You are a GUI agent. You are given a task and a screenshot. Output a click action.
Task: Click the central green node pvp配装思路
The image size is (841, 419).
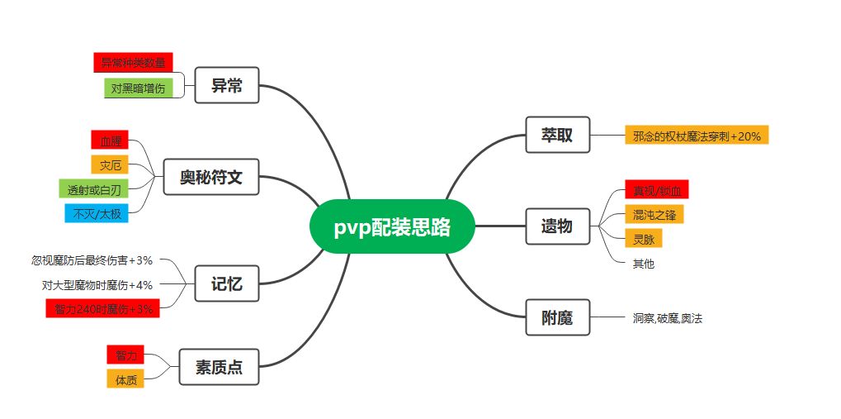393,226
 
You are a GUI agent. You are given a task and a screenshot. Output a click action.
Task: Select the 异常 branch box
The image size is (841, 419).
227,85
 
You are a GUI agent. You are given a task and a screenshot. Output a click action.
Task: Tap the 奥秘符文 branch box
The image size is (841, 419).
211,177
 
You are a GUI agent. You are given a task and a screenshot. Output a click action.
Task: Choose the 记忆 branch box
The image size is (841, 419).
227,284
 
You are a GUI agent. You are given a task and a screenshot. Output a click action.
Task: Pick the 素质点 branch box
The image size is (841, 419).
219,367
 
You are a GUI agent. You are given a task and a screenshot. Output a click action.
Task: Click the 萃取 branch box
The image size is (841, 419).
557,135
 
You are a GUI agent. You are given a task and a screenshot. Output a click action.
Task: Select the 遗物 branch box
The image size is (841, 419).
557,226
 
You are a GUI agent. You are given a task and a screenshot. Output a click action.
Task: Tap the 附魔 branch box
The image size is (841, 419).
557,317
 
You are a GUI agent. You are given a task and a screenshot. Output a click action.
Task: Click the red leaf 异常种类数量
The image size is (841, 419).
133,62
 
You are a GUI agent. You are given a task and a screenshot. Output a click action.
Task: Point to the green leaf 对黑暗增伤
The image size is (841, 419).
138,88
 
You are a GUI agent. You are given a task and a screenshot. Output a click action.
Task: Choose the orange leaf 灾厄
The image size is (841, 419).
111,164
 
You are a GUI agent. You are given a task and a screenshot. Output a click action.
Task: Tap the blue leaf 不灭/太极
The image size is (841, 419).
97,213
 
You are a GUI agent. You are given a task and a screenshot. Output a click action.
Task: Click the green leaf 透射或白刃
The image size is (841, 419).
93,188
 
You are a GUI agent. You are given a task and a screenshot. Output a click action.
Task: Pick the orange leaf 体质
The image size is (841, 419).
125,379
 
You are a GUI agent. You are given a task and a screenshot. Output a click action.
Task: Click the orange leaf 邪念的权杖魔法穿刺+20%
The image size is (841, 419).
697,136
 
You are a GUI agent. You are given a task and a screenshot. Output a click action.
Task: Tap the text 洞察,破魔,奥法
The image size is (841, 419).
667,317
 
